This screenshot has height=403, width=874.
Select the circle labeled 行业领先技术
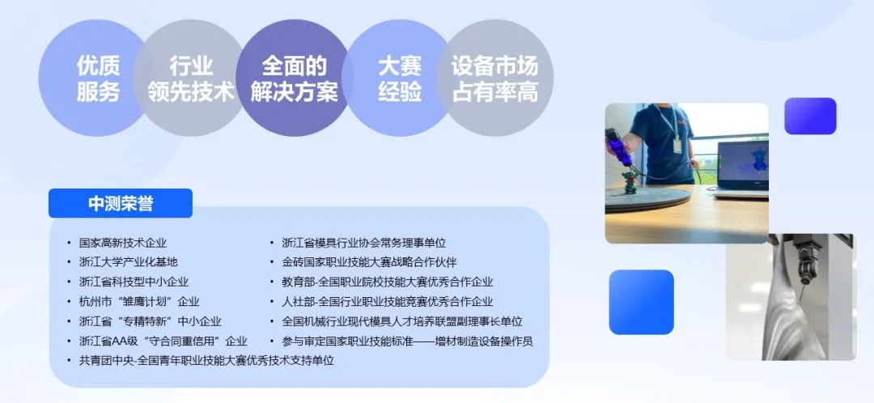click(191, 78)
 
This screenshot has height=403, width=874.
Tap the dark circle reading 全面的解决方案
click(294, 78)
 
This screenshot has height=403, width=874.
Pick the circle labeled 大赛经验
click(399, 78)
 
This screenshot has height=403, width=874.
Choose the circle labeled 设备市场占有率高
click(495, 78)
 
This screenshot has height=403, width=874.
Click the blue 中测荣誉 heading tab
click(121, 203)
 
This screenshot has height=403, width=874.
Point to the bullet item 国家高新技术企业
click(123, 243)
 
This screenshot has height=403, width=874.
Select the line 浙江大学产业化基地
click(129, 262)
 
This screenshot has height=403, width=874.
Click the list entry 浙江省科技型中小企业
click(134, 282)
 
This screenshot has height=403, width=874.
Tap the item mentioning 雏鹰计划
click(139, 302)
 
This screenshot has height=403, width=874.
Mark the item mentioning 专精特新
click(151, 321)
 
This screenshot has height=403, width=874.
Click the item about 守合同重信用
click(163, 341)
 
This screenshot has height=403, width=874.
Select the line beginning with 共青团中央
click(207, 361)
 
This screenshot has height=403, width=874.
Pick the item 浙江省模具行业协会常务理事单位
click(364, 243)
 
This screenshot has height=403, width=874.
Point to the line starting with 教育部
click(388, 282)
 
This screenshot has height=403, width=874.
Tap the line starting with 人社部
click(388, 302)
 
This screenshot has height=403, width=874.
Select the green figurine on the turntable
click(630, 182)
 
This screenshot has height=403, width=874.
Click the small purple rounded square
click(810, 116)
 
